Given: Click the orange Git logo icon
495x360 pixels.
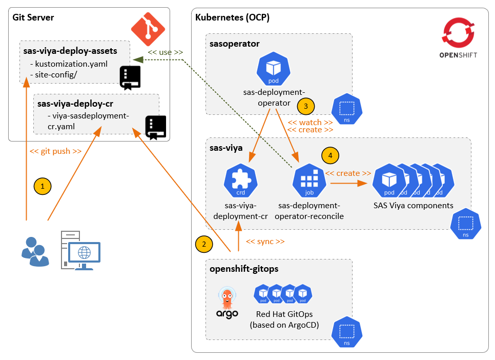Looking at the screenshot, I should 148,29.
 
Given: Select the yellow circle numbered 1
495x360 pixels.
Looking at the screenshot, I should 43,187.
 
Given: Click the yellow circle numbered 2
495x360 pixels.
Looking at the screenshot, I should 204,244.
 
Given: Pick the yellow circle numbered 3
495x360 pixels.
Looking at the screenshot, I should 305,107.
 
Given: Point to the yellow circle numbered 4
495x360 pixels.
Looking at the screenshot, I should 330,155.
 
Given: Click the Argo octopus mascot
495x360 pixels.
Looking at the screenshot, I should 226,298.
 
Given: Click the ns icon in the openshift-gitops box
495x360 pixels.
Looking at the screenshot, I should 347,333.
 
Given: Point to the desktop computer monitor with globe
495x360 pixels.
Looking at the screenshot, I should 84,253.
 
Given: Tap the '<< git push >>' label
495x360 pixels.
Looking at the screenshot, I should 55,151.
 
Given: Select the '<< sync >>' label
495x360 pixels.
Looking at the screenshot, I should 265,242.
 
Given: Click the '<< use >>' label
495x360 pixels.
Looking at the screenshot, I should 165,52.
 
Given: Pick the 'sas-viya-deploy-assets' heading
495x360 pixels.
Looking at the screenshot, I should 70,51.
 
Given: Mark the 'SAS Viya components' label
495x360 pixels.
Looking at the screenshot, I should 413,206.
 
